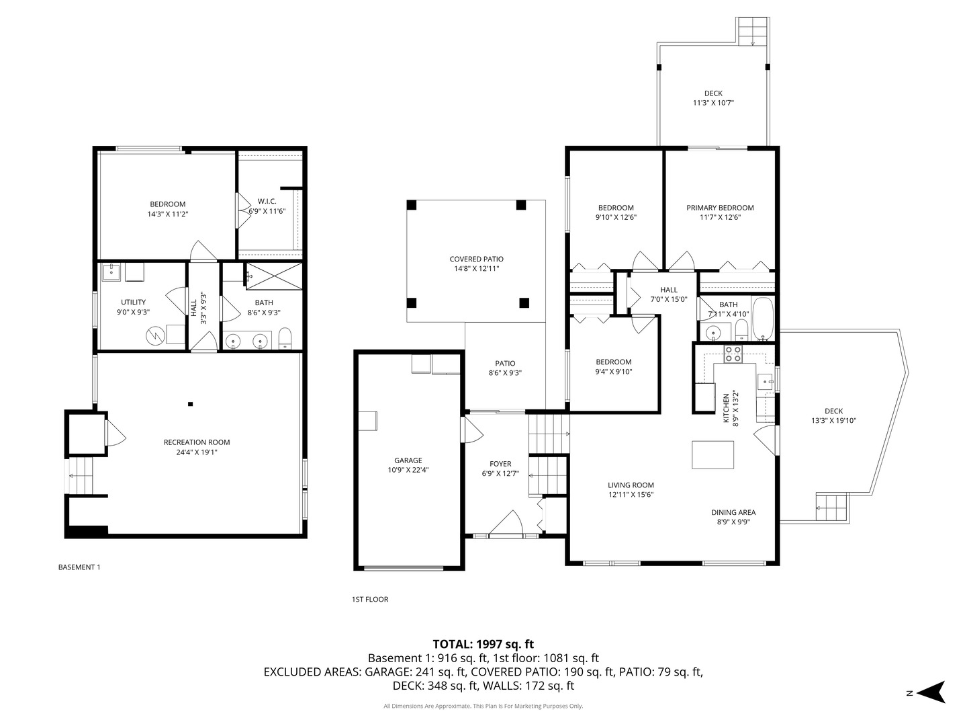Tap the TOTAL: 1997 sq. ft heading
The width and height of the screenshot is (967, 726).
[x=483, y=644]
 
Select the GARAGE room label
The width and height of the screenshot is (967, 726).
[x=408, y=460]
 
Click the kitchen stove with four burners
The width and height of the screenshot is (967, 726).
[x=733, y=354]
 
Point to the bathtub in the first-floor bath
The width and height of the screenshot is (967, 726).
[x=763, y=318]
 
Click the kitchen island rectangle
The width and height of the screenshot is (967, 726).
[x=712, y=454]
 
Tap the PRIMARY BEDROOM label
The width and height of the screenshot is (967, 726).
[x=720, y=208]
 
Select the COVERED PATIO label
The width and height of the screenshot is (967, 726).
[x=476, y=259]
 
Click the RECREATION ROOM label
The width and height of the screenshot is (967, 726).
[x=197, y=442]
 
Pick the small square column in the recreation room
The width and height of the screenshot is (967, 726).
[x=191, y=404]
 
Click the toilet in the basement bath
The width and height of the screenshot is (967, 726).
[x=285, y=339]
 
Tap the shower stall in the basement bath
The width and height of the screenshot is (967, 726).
[x=273, y=274]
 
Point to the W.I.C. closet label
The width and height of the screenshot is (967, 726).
[x=267, y=201]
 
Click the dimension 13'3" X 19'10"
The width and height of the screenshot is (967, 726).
[x=833, y=421]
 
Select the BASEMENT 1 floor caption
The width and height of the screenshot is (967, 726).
[x=79, y=567]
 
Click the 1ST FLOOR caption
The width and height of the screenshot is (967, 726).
[x=370, y=600]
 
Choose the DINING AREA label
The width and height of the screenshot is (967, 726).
[x=733, y=512]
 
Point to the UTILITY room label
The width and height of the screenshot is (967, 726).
[x=133, y=302]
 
